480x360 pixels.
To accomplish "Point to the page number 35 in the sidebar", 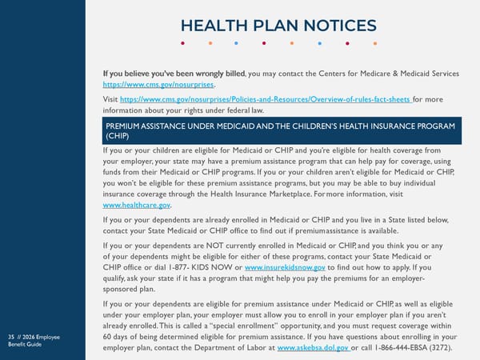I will click(x=10, y=337).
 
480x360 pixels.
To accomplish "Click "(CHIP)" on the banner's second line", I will click(x=117, y=136).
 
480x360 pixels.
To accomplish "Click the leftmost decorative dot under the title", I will click(x=183, y=44).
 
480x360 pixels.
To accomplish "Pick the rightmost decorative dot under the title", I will click(x=374, y=44).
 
